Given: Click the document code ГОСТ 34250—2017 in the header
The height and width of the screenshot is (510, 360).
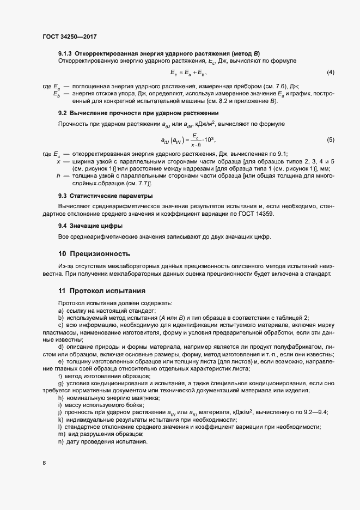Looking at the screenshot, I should [70, 36].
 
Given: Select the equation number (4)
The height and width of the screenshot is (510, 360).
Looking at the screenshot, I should [330, 72].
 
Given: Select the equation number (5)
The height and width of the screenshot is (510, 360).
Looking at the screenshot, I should [330, 140].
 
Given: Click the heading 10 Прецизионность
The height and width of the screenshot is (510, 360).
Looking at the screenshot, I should [94, 253].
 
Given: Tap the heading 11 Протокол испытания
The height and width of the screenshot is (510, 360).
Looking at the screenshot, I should [101, 291].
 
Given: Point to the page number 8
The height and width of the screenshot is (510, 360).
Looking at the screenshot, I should [44, 463].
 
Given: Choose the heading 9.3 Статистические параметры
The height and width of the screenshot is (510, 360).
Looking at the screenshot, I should [105, 196].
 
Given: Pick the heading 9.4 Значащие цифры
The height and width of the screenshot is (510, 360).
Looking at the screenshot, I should [90, 226].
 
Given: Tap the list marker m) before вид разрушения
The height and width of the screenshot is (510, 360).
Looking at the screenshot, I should [61, 433].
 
